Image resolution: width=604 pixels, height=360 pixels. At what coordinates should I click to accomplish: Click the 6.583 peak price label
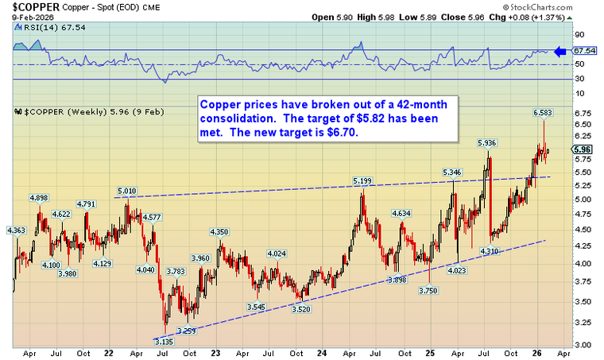coord(543,113)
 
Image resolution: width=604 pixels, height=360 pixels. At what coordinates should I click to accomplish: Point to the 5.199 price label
coord(361,181)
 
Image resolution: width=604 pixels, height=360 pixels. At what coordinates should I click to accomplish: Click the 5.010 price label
coord(127,192)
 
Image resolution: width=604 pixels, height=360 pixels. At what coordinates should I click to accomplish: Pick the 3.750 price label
coord(429,291)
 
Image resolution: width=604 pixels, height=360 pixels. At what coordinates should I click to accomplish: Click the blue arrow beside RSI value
coord(561,52)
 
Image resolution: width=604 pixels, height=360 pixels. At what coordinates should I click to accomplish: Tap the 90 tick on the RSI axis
coord(579,35)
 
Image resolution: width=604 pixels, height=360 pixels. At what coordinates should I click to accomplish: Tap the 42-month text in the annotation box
coord(401,104)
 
